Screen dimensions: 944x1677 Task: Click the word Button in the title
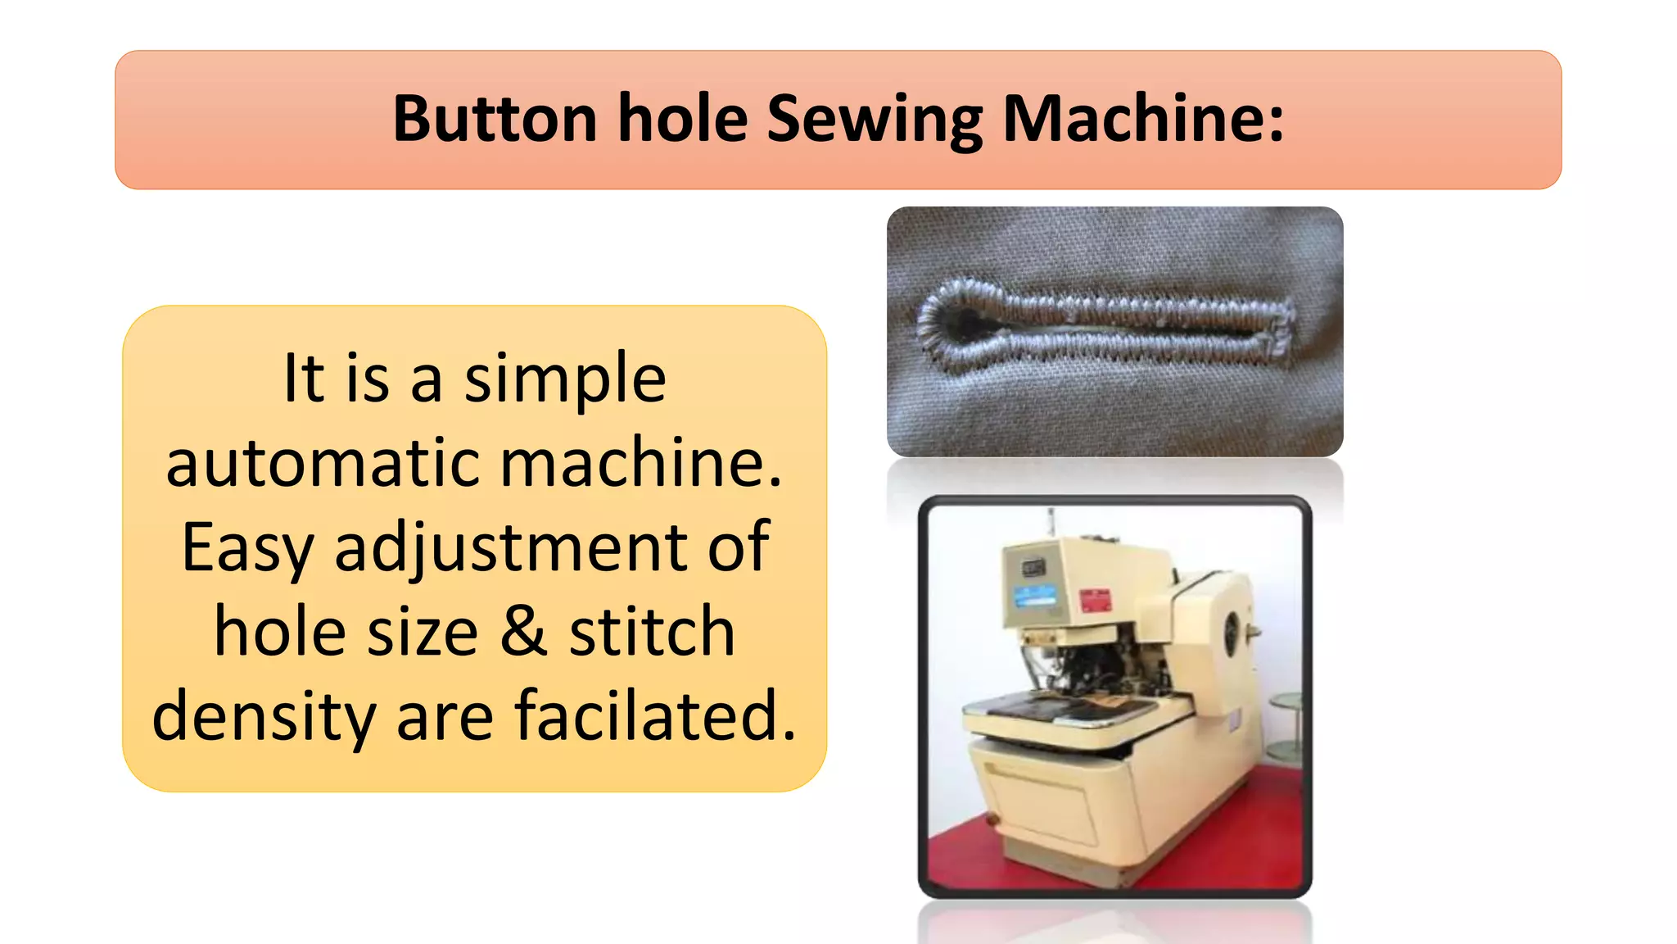pyautogui.click(x=495, y=120)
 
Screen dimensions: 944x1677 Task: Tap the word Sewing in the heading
pyautogui.click(x=875, y=120)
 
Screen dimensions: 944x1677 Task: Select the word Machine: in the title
pyautogui.click(x=1143, y=120)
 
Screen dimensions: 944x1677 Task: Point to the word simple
pyautogui.click(x=565, y=379)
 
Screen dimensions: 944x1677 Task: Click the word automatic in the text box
pyautogui.click(x=323, y=463)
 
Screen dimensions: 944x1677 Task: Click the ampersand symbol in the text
pyautogui.click(x=523, y=632)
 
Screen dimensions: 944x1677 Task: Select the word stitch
pyautogui.click(x=652, y=632)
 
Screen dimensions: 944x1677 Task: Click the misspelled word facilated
pyautogui.click(x=655, y=716)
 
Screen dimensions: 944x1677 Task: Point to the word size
pyautogui.click(x=423, y=632)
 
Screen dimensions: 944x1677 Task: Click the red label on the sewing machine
pyautogui.click(x=1096, y=601)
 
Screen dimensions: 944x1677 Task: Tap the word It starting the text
pyautogui.click(x=303, y=379)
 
